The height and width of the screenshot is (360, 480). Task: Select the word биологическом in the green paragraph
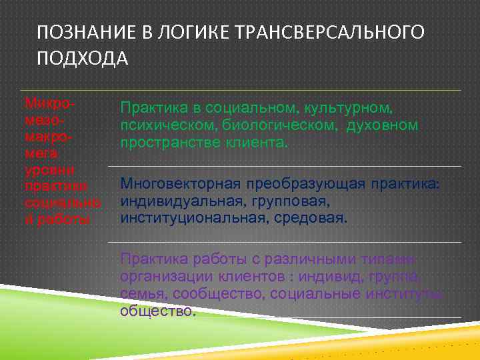pos(288,125)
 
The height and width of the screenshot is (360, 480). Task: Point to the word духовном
pos(382,125)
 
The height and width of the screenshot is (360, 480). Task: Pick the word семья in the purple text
pos(139,294)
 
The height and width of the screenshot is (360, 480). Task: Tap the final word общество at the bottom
pos(157,310)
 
